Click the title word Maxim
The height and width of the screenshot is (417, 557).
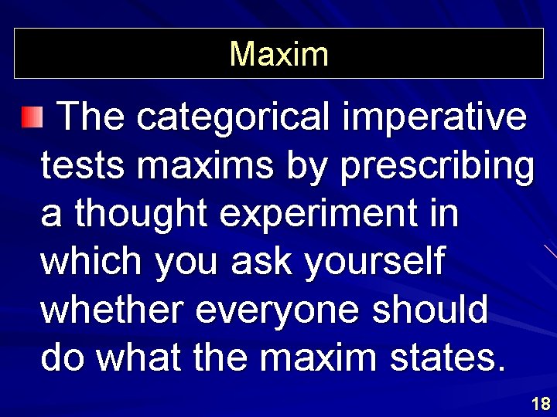click(x=278, y=54)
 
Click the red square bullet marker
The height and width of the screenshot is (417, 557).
click(x=31, y=117)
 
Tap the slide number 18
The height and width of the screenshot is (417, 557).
click(x=541, y=403)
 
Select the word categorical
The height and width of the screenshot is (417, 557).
click(x=234, y=117)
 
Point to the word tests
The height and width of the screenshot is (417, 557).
click(x=77, y=166)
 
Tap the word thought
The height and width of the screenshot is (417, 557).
click(x=142, y=215)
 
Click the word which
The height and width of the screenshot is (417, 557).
click(x=92, y=263)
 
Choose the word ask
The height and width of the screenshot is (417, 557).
click(x=265, y=263)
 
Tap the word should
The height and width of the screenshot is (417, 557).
click(x=431, y=310)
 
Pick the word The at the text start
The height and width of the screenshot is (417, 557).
click(x=91, y=117)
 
